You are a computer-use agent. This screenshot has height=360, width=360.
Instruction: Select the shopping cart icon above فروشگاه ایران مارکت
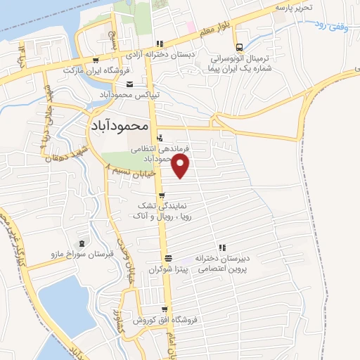[x=94, y=61]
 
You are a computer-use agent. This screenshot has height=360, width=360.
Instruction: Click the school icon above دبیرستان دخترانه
[x=223, y=247]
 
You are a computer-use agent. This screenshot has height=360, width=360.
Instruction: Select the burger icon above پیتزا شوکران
[x=167, y=257]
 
